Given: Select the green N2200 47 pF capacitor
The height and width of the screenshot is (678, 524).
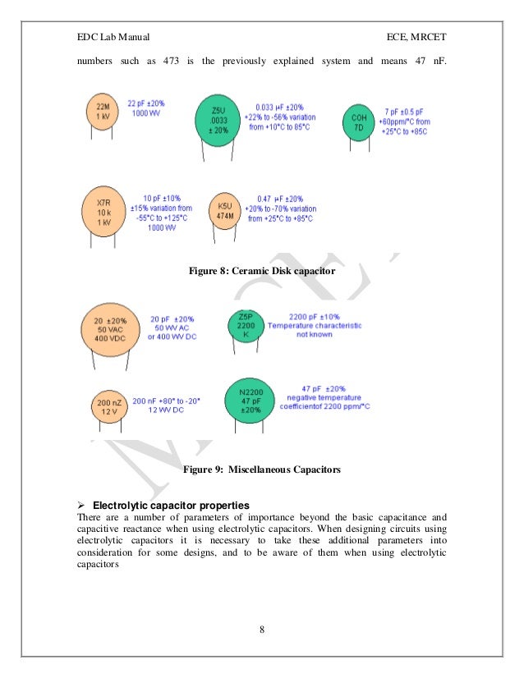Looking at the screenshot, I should point(250,400).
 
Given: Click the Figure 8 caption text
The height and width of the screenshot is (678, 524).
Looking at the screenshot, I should point(262,270).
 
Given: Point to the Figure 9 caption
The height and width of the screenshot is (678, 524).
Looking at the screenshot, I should point(262,470).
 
